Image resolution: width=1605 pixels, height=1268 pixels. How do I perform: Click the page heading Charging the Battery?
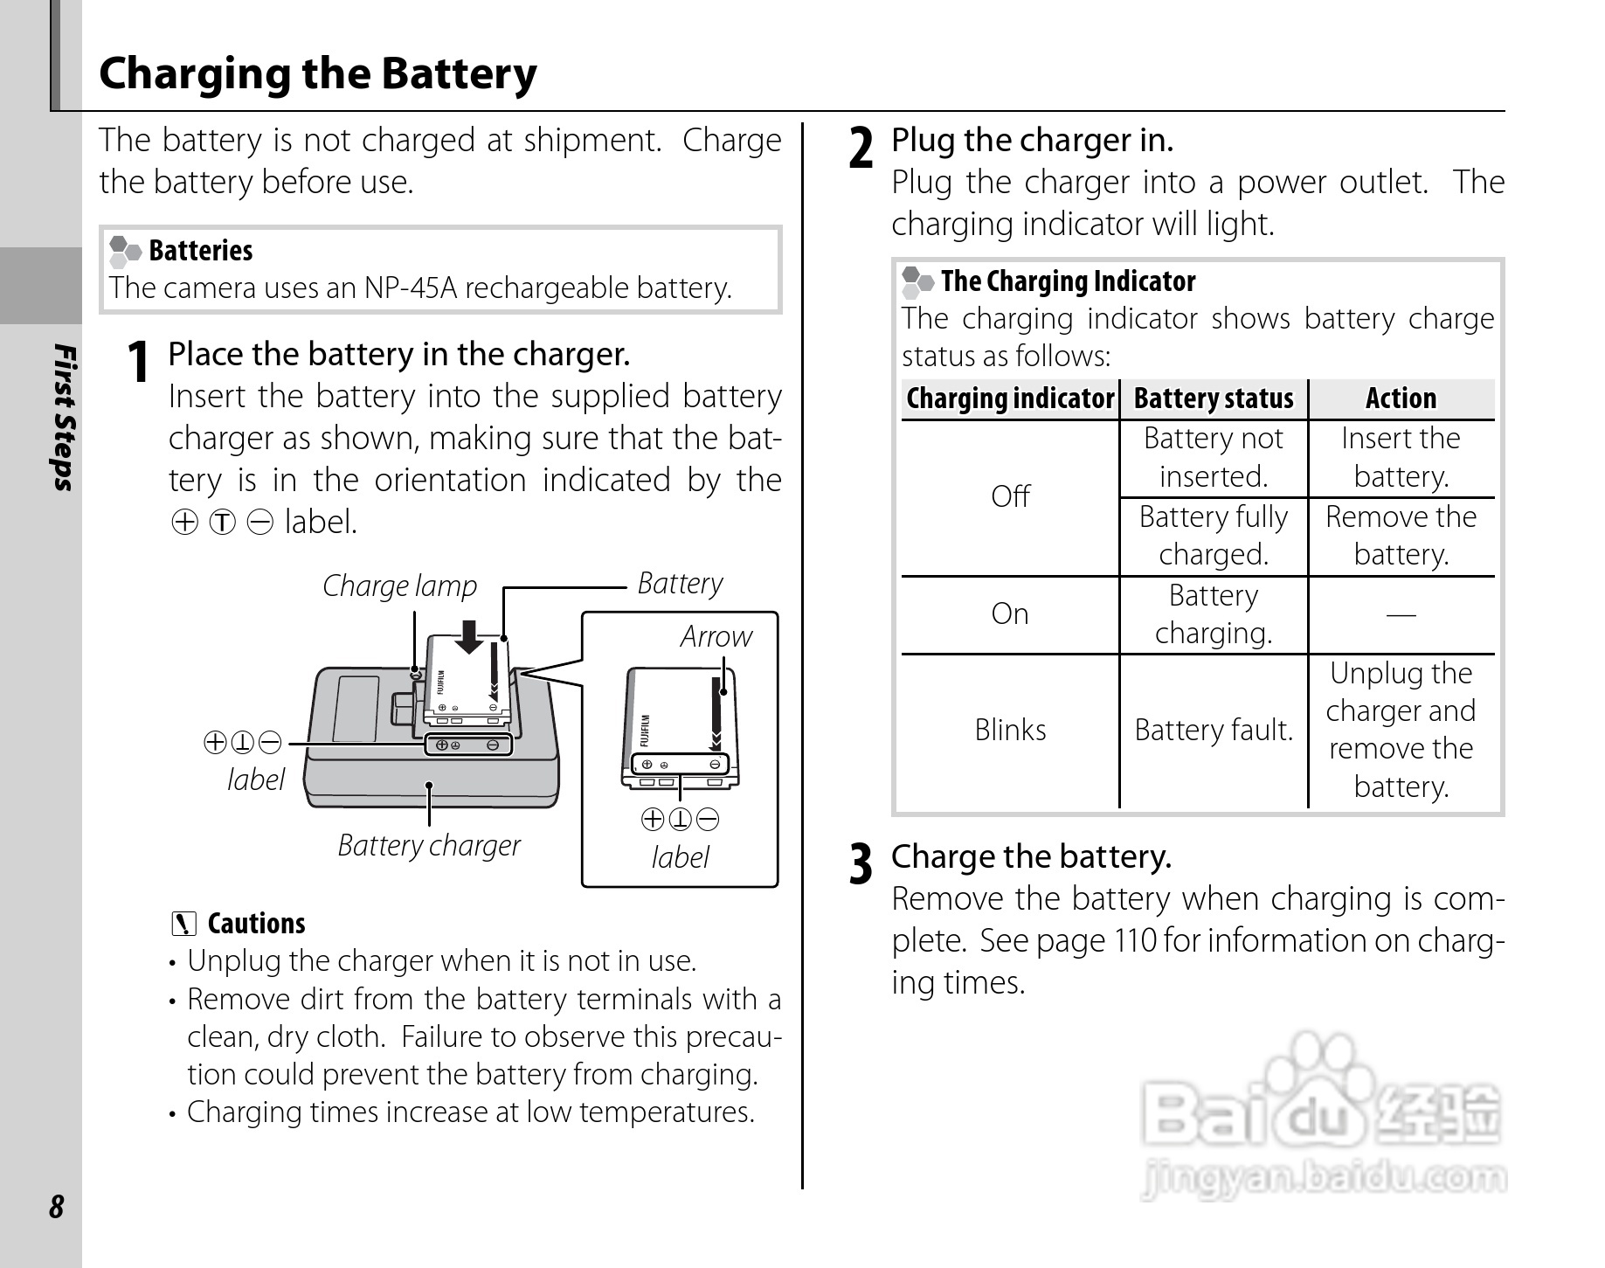318,74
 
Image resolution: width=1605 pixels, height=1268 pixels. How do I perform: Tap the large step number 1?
137,361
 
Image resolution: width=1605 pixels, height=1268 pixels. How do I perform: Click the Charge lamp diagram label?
399,585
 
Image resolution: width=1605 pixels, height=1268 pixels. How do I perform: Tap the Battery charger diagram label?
428,845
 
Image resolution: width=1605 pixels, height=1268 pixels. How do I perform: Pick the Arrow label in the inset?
716,636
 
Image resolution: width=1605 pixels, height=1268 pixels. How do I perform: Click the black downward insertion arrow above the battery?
470,636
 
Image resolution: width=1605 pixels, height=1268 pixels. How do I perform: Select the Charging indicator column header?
1010,398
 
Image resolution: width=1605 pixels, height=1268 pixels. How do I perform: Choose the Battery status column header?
1214,398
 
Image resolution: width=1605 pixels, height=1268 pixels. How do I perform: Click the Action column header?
1401,398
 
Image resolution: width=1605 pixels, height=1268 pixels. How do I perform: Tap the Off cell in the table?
1010,496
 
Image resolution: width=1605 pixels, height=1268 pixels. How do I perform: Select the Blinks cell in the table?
1010,730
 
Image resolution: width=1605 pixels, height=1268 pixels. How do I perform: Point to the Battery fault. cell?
1214,730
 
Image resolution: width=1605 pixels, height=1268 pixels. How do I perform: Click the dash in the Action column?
1401,614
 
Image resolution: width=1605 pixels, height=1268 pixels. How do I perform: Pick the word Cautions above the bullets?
256,924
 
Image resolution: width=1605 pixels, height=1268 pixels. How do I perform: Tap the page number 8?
57,1207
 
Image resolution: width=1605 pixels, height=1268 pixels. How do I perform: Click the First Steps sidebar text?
64,417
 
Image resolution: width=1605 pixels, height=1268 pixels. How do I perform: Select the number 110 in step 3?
1136,941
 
